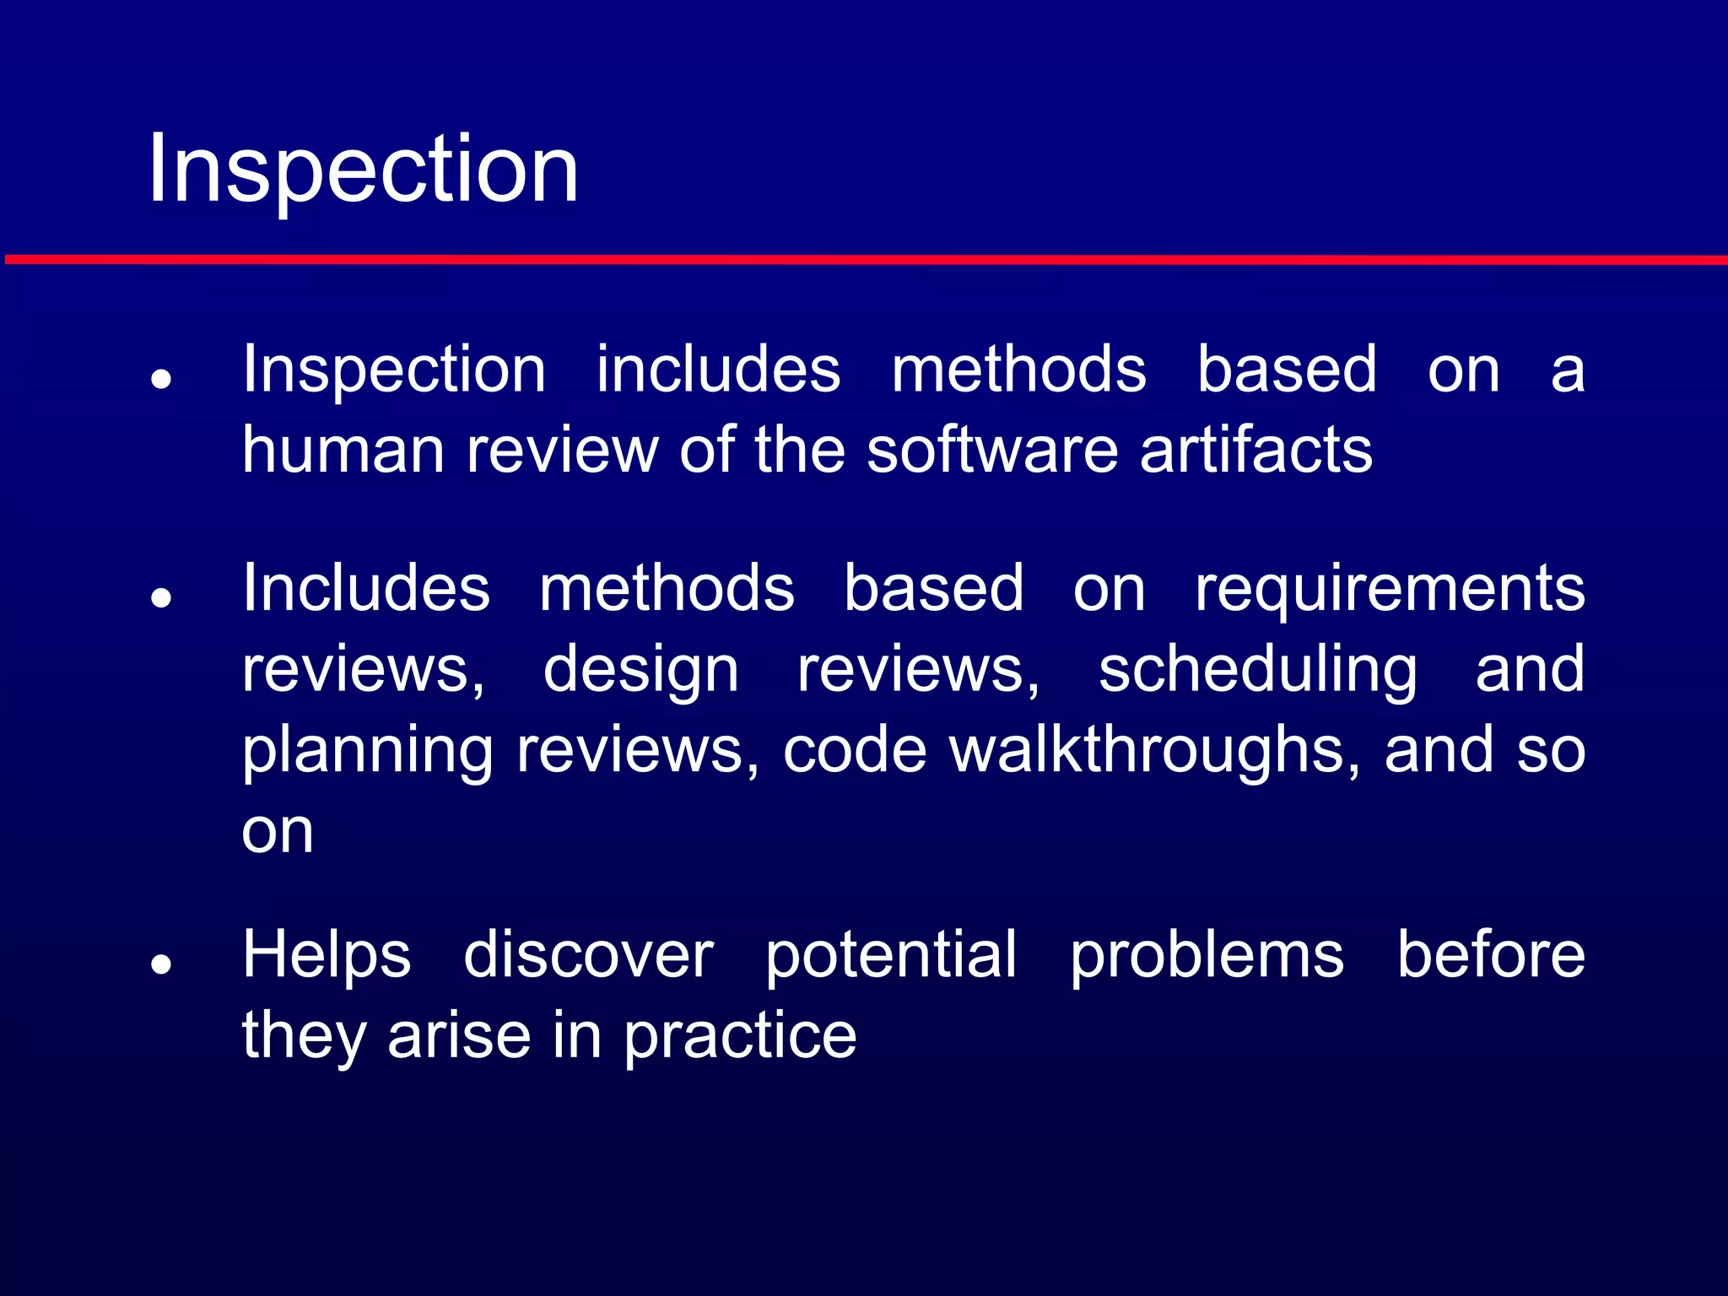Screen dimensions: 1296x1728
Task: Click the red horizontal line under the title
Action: [x=864, y=259]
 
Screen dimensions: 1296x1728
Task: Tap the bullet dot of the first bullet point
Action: [x=161, y=379]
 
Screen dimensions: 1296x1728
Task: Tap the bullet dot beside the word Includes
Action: [x=161, y=598]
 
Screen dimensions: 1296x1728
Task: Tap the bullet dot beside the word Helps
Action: [x=161, y=964]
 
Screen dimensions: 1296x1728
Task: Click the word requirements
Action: [x=1389, y=589]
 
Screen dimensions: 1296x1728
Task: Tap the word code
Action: [x=854, y=749]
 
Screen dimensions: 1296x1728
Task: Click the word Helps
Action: [x=327, y=955]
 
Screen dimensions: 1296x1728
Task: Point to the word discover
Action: [x=588, y=955]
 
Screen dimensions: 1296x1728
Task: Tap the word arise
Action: [x=459, y=1036]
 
